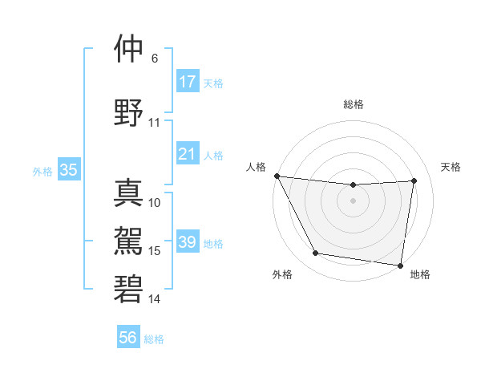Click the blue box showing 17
pos(188,82)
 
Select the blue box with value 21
pos(188,154)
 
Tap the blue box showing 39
pos(188,242)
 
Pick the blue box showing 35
pos(68,170)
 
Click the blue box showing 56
pos(128,338)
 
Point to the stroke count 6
pos(155,59)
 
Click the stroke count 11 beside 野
pos(155,123)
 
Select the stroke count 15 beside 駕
pos(155,251)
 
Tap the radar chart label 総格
pos(354,104)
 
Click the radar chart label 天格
pos(451,167)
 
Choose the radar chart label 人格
pos(256,167)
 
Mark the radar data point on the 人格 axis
pos(277,176)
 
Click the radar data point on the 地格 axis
pos(401,265)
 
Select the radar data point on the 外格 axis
pos(315,253)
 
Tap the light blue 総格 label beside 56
pos(154,339)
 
